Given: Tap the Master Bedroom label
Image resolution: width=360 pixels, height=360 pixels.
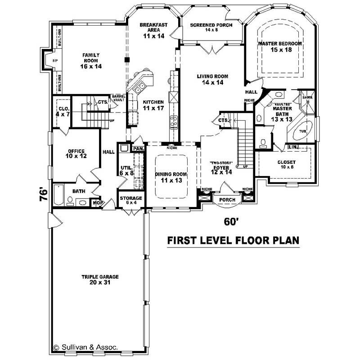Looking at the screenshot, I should point(279,46).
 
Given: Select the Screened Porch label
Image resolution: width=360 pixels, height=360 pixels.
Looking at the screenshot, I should point(211,27).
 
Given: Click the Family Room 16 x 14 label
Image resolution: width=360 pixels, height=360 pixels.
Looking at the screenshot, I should point(90,60).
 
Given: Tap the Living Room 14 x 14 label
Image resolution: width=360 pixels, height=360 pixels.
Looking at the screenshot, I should point(214,79).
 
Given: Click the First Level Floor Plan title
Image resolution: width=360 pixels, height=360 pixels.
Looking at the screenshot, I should point(233,240).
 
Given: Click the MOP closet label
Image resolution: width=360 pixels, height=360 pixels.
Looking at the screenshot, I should point(95,203).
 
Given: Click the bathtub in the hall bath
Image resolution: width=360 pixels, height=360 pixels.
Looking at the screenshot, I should point(58,195).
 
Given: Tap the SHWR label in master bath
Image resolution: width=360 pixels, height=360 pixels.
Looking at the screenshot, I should point(307,97).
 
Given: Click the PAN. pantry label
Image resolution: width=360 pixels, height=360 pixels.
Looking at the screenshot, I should point(138,148).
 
